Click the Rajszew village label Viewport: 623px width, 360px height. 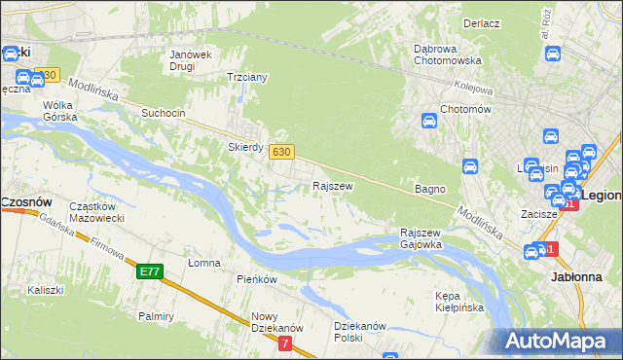[332, 185]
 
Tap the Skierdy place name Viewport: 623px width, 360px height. [245, 147]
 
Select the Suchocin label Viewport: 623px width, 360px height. [163, 113]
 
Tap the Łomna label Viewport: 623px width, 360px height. [204, 263]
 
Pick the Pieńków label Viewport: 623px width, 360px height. [257, 279]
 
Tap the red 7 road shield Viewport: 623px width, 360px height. [284, 343]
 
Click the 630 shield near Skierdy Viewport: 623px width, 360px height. [281, 151]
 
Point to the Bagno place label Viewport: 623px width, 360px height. [429, 189]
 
